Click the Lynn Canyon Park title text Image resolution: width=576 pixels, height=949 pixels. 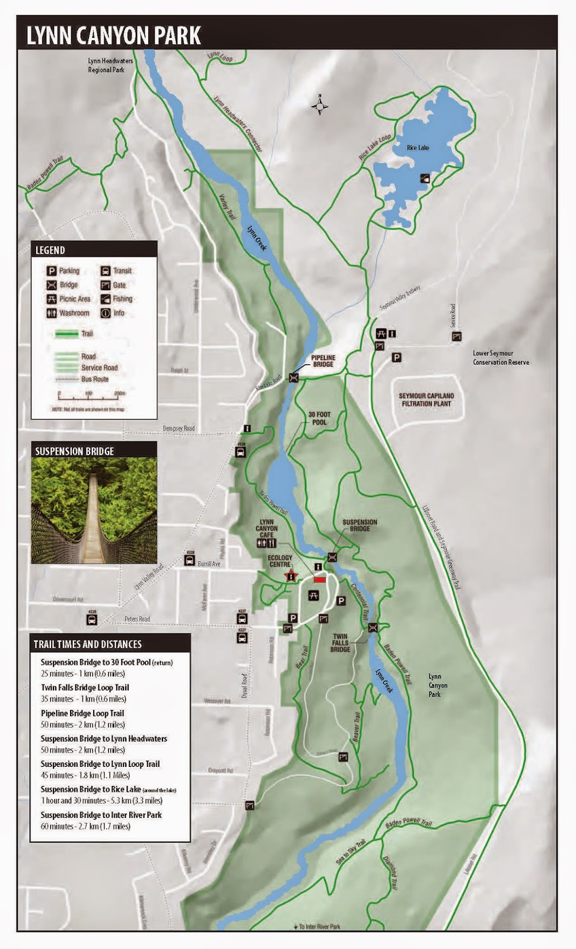click(x=114, y=36)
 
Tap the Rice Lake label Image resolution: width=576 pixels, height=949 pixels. click(x=418, y=148)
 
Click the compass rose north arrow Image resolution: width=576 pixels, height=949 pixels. click(x=320, y=105)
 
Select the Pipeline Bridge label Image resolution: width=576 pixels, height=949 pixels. click(x=323, y=361)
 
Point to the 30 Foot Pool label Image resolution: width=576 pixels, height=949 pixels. click(x=319, y=419)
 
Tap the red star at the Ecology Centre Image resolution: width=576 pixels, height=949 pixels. click(x=291, y=575)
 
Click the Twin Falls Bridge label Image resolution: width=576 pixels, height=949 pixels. click(x=340, y=643)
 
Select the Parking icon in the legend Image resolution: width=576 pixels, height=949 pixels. click(x=52, y=271)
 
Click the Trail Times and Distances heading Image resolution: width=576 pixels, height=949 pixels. click(x=87, y=644)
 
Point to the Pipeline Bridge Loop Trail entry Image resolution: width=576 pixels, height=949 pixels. click(x=82, y=714)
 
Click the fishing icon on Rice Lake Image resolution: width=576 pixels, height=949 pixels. click(x=425, y=178)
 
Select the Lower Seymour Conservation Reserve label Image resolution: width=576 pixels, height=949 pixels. click(x=501, y=358)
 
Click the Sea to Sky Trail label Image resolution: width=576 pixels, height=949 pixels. click(x=351, y=851)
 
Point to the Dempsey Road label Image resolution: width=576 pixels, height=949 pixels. click(x=179, y=428)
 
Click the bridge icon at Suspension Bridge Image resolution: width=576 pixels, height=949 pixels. click(x=332, y=557)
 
